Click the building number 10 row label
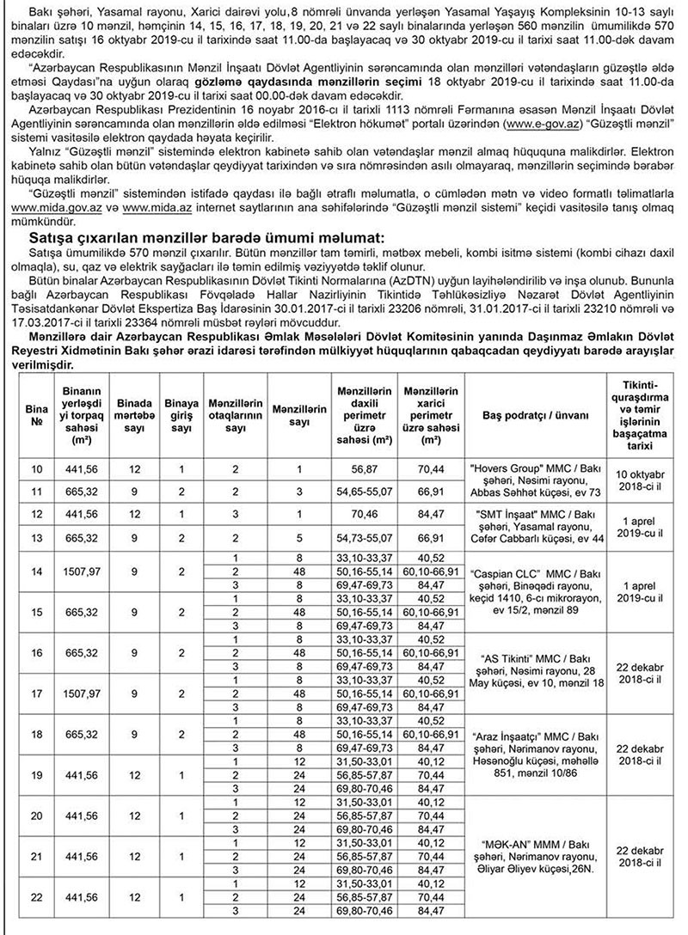37,470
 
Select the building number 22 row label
37,898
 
